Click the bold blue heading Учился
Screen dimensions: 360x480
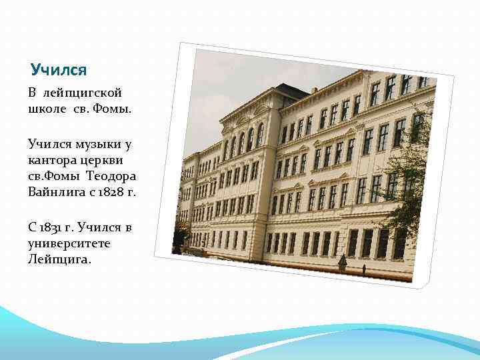(x=59, y=69)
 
